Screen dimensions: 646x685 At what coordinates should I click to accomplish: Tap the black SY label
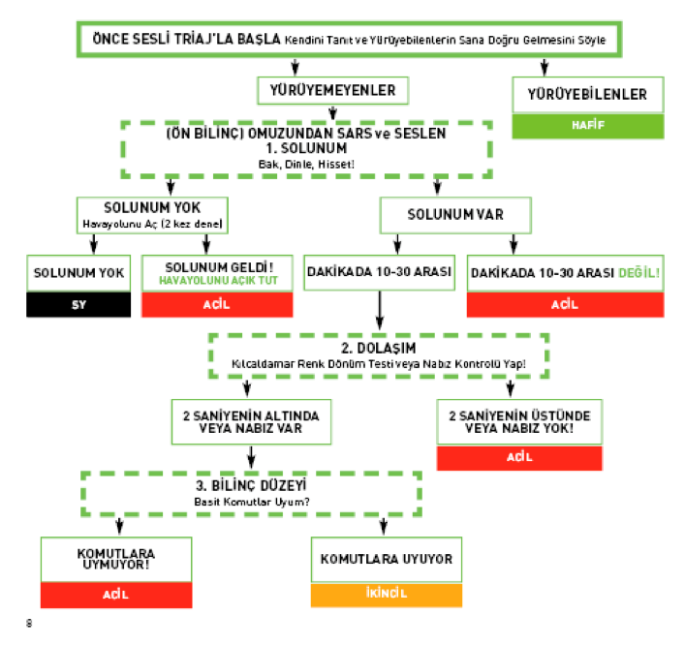click(78, 304)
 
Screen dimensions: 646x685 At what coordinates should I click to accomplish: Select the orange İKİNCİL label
click(386, 593)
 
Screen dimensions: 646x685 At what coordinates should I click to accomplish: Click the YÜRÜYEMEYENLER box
click(332, 90)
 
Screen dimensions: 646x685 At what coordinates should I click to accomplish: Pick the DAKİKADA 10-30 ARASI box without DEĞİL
click(380, 272)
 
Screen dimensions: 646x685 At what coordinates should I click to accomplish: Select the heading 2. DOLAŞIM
click(379, 347)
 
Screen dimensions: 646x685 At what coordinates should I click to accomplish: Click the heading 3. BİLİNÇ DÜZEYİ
click(252, 485)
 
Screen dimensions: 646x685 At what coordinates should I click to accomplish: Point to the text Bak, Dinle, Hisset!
click(306, 164)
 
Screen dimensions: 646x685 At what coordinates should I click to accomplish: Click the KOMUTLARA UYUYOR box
click(386, 559)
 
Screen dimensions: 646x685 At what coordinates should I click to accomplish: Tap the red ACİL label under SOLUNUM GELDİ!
click(217, 304)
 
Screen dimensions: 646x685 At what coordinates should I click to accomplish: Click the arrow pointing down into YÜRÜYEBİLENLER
click(545, 68)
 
